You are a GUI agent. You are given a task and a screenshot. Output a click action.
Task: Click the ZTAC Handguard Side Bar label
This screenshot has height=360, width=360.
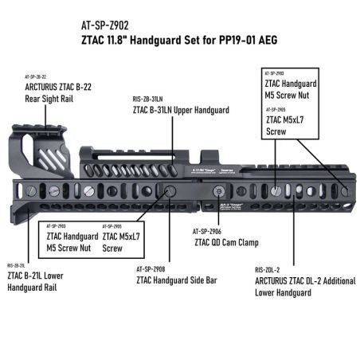point(174,280)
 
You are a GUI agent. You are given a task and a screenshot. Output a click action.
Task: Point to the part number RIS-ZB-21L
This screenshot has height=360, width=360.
point(17,264)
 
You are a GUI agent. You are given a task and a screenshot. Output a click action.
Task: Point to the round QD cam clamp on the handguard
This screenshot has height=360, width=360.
point(217,191)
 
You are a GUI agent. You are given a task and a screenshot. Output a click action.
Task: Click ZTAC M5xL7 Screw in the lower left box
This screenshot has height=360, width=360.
point(121,242)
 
